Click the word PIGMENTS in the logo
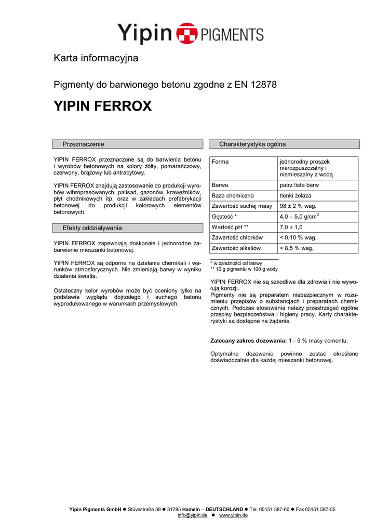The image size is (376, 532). (x=229, y=34)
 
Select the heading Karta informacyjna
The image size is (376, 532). (x=96, y=58)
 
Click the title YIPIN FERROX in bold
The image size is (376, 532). (x=103, y=107)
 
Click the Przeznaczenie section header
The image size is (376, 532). (x=83, y=144)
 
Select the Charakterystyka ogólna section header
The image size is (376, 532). (x=252, y=144)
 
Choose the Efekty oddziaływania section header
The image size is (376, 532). (x=92, y=228)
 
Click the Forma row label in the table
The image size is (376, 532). (x=220, y=162)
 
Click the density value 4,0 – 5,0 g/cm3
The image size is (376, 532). (x=299, y=216)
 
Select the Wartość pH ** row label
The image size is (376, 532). (x=230, y=227)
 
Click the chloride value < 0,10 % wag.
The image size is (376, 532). (x=298, y=237)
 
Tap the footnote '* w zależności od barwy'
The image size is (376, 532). (x=236, y=263)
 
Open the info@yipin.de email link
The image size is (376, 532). (x=192, y=515)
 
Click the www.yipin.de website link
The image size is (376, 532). (x=233, y=515)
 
